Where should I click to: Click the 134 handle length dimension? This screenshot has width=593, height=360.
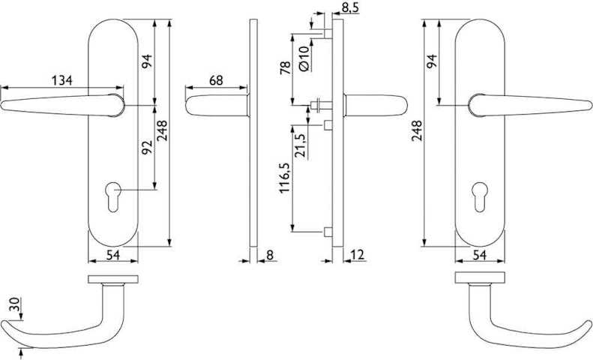point(61,80)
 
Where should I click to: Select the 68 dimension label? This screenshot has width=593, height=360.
point(216,80)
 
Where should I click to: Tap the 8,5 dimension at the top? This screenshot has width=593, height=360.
point(350,7)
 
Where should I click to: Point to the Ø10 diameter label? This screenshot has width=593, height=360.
point(304,58)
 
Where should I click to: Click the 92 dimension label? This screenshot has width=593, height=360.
point(147,148)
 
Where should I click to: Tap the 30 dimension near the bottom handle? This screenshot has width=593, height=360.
point(14,304)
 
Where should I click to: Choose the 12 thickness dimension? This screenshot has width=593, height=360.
point(358,255)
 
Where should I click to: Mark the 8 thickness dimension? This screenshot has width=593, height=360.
point(270,255)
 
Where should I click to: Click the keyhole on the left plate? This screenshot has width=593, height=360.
point(113,196)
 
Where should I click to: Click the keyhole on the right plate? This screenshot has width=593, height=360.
point(479,196)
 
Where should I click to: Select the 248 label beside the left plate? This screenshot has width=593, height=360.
point(162,130)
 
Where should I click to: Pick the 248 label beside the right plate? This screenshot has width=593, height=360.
point(417,130)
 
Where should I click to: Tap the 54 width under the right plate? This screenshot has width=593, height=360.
point(479,255)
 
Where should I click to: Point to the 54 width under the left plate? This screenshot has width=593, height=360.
point(112,255)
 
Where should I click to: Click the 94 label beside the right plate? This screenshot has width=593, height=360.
point(432,61)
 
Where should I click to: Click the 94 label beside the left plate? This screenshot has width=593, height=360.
point(147,61)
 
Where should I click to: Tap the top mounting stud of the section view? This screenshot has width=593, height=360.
point(328,33)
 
